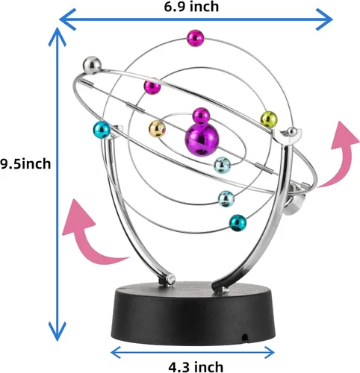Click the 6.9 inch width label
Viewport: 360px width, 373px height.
[191, 7]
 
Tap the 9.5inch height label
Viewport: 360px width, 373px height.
[25, 164]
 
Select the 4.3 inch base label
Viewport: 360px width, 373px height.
[196, 367]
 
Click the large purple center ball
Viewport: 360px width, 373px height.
[202, 140]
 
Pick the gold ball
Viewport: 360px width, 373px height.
[157, 128]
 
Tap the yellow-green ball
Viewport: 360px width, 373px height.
[269, 119]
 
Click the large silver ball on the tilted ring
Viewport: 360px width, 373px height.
[92, 66]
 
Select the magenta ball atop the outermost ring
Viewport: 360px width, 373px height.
[196, 38]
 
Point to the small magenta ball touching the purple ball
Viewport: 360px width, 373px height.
[202, 116]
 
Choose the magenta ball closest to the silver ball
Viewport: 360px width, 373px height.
[152, 86]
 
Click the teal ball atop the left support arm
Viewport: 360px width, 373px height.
[102, 130]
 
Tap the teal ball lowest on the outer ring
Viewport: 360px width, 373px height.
[238, 223]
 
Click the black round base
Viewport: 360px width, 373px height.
[193, 314]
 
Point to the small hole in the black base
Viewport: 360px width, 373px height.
[245, 338]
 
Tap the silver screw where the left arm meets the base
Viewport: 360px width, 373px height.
[171, 279]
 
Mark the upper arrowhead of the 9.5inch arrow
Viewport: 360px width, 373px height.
[58, 37]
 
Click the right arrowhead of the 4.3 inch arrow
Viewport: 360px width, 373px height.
[269, 352]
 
